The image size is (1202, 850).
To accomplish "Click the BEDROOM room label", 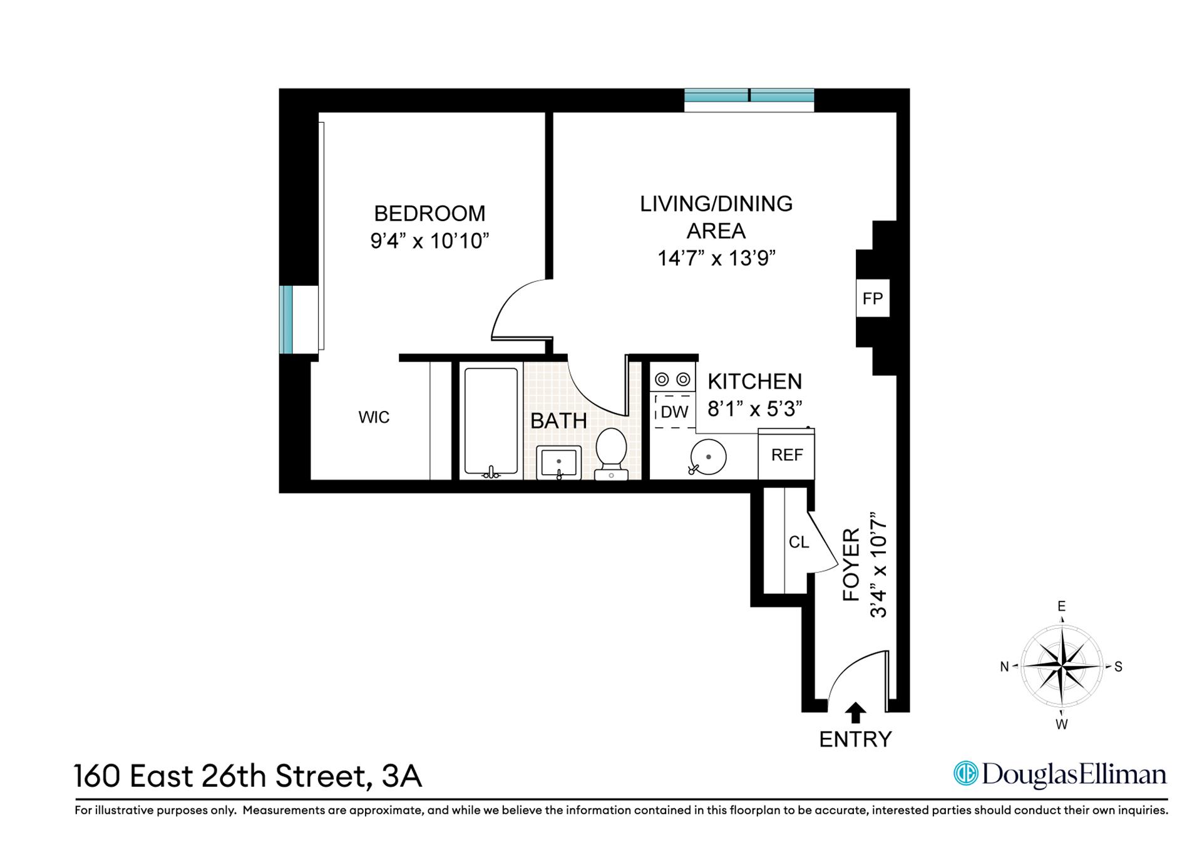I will pos(429,214).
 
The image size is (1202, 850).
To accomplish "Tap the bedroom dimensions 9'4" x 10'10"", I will pos(429,241).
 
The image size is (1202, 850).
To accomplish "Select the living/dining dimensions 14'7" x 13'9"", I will pos(716,258).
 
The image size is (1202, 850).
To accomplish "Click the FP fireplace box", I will pos(872,299).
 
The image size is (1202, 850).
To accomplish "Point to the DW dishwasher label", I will pos(674,412).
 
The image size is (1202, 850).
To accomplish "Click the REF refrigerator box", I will pos(786,455).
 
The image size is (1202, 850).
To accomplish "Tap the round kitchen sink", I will pos(708,456).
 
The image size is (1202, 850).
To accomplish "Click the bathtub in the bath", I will pos(491,422).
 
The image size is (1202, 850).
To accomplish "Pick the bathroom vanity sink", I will pos(559,462).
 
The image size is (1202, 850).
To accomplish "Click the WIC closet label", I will pos(374,417).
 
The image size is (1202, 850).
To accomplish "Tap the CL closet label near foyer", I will pos(798,542).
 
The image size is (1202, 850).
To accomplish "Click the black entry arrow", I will pos(855,713).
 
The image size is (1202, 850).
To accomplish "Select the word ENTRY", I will pos(855,740).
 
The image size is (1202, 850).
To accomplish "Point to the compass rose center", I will pos(1062,666).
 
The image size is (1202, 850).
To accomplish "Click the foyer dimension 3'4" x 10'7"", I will pos(879,566).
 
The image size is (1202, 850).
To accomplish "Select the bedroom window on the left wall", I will pos(286,319).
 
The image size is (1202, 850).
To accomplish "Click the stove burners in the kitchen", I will pos(673,379).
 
